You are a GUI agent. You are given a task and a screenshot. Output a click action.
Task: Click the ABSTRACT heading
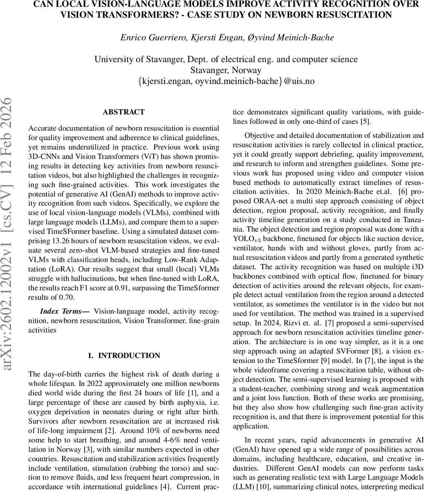tap(123, 112)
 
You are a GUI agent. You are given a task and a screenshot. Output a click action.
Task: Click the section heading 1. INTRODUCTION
tap(123, 356)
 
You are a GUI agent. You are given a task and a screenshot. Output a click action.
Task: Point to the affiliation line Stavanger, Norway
tap(226, 70)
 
